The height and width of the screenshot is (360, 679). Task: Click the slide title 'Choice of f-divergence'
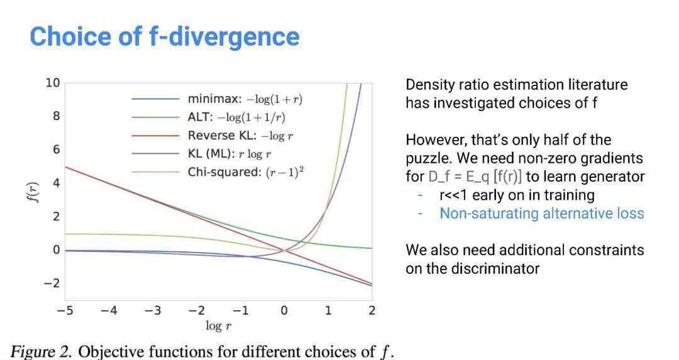coord(165,37)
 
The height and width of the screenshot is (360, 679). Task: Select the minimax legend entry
coord(217,99)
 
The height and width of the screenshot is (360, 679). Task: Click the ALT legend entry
coord(209,117)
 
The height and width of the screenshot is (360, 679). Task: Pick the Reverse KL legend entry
coord(213,136)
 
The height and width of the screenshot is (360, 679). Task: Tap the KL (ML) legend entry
coord(201,154)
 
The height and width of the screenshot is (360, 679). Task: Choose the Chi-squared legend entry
coord(218,172)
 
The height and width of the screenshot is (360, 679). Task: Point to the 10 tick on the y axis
coord(53,83)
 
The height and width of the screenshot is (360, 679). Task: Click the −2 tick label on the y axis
coord(52,283)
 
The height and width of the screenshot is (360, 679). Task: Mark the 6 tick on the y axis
coord(57,150)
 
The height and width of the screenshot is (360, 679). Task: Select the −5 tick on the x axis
coord(65,310)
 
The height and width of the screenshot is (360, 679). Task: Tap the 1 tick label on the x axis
coord(328,310)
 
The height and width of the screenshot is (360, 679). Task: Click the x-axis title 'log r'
coord(218,326)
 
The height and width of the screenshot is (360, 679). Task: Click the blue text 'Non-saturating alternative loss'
coord(542,214)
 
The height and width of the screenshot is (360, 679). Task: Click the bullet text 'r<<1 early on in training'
coord(517,195)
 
